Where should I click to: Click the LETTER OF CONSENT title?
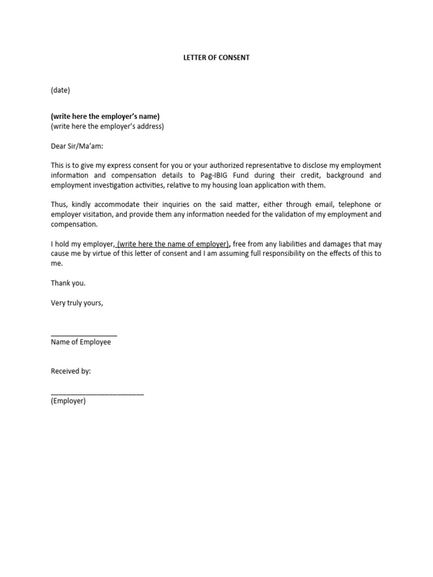coord(216,57)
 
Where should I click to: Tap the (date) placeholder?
coord(60,90)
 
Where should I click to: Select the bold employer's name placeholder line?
coord(105,117)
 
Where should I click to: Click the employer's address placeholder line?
coord(107,126)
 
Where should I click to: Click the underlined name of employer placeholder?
coord(173,244)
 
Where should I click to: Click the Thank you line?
coord(68,283)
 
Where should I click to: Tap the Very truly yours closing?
coord(77,303)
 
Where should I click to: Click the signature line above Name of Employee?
coord(84,335)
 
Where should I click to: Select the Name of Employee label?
coord(81,342)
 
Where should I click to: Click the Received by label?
coord(70,371)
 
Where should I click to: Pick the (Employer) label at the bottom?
coord(68,401)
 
